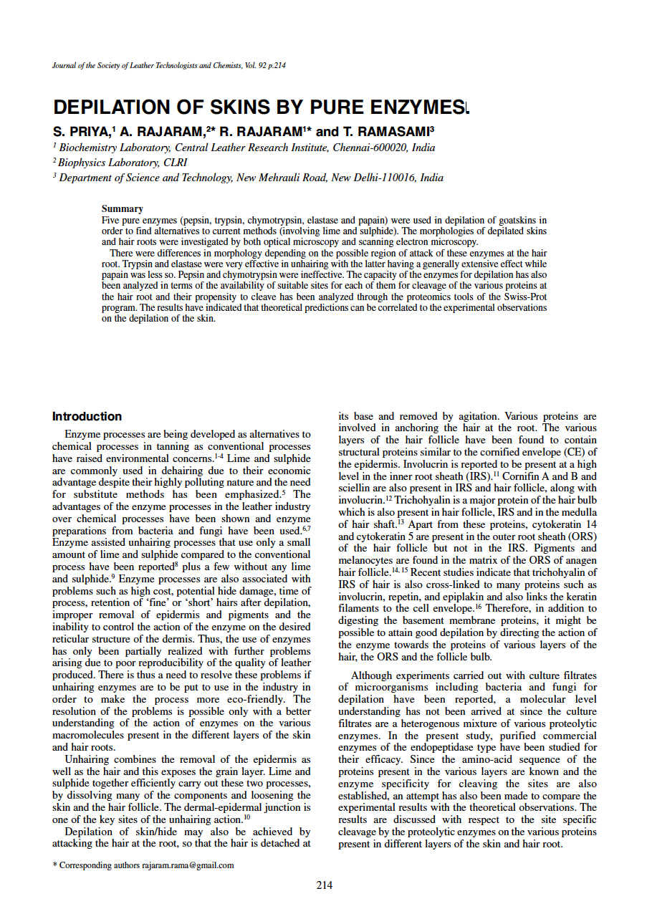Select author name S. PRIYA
(80, 132)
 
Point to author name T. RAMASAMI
(385, 132)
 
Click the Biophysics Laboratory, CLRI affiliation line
(123, 163)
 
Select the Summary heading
(123, 209)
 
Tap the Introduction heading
(87, 416)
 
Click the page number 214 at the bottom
(324, 885)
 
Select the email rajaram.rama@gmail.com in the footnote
(188, 865)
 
